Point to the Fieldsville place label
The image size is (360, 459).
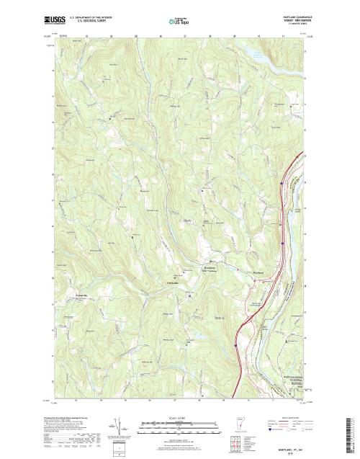[x=173, y=282]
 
